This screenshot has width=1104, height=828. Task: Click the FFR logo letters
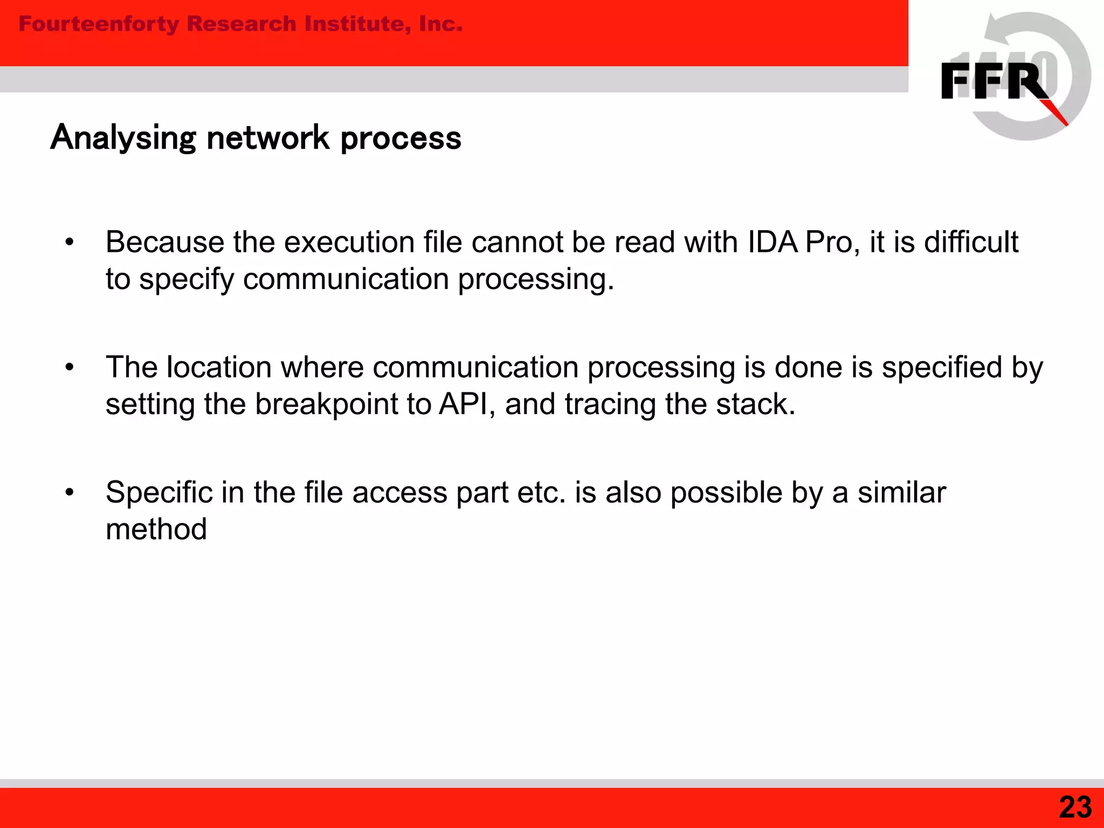coord(995,81)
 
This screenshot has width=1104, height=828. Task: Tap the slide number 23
coord(1075,807)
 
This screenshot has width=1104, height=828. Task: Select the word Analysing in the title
coord(123,138)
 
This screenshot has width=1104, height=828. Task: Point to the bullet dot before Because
coord(69,243)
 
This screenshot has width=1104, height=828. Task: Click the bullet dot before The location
coord(69,368)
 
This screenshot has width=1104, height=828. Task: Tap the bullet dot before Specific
coord(69,493)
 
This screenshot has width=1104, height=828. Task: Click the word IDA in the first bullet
coord(773,241)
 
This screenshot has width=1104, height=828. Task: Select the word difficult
coord(971,241)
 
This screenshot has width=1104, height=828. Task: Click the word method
coord(156,529)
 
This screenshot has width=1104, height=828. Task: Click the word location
coord(219,367)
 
